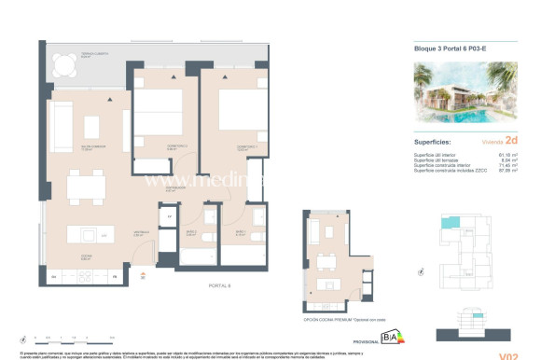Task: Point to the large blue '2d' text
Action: (511, 142)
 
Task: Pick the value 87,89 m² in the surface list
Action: (506, 172)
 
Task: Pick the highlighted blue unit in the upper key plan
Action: (449, 225)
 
